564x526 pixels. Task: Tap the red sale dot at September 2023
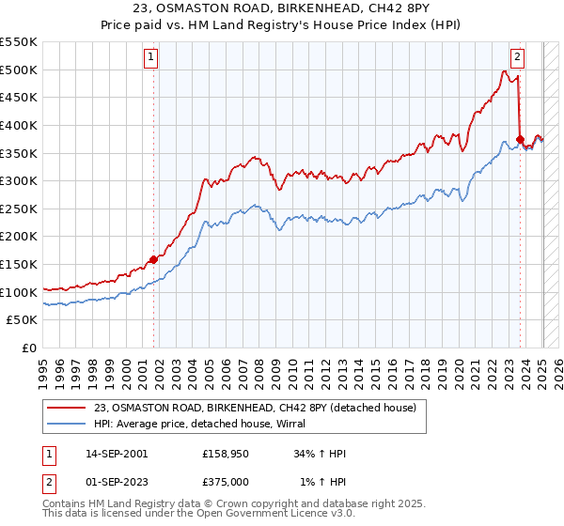point(520,139)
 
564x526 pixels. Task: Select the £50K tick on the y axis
point(23,320)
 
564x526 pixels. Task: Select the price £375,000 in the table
point(231,482)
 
